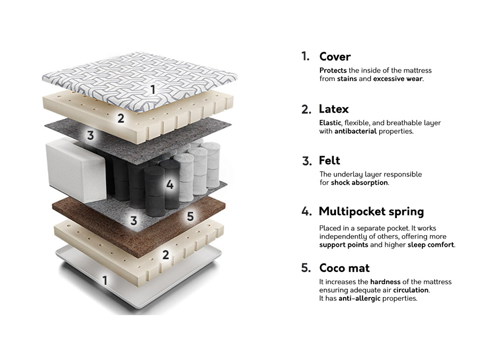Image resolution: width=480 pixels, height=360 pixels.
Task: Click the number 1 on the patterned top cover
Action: click(x=153, y=90)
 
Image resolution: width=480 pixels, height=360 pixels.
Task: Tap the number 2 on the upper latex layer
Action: click(x=121, y=118)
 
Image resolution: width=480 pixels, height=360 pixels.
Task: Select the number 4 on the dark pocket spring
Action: click(x=170, y=185)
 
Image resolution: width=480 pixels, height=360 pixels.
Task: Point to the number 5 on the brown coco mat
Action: click(x=190, y=216)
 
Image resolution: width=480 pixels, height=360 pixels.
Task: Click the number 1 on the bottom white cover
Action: click(x=105, y=279)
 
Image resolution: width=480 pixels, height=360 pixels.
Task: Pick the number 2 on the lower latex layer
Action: click(x=166, y=255)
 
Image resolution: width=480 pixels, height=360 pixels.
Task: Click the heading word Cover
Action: click(x=335, y=57)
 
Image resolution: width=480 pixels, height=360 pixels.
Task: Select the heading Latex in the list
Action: click(x=334, y=109)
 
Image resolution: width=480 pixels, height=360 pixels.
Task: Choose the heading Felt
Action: click(x=329, y=161)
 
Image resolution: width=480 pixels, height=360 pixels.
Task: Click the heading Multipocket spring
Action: click(x=371, y=212)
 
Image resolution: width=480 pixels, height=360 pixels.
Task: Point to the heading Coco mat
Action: click(x=344, y=268)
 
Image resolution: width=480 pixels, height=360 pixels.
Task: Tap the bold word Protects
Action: click(x=333, y=70)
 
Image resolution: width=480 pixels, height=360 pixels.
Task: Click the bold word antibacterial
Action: click(x=355, y=131)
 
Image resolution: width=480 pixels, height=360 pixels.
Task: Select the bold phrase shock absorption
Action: click(x=359, y=182)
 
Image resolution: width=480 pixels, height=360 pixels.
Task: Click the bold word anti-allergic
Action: click(x=361, y=299)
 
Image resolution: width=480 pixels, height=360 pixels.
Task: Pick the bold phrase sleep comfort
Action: click(x=431, y=245)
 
